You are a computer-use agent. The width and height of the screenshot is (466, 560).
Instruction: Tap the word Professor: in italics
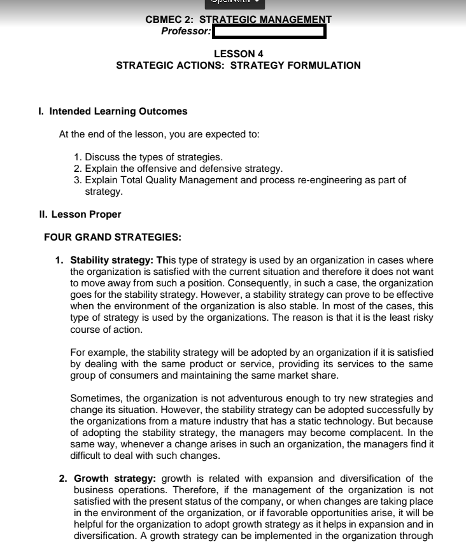point(186,31)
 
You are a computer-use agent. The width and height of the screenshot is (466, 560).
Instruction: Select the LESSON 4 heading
point(238,54)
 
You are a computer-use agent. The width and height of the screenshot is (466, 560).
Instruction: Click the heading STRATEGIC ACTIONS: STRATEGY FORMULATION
point(238,66)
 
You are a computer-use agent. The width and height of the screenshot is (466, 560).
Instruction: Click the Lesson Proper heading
point(80,214)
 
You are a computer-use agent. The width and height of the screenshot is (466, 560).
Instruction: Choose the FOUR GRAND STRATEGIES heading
point(113,237)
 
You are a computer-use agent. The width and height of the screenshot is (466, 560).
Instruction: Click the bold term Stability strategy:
point(113,260)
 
